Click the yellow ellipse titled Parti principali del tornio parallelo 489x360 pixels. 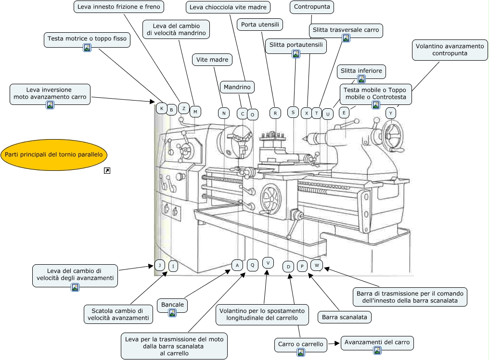tap(54, 155)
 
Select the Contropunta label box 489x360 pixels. tap(312, 8)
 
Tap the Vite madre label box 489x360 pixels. tap(212, 60)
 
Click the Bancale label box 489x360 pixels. tap(172, 305)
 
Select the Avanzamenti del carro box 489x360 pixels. tap(377, 343)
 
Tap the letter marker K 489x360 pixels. tap(162, 108)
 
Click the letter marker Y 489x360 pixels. tap(391, 113)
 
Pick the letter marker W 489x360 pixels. tap(317, 265)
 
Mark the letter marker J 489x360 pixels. tap(159, 265)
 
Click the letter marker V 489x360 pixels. tap(268, 263)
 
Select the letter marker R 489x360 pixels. tap(275, 113)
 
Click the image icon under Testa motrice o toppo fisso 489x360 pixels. tap(87, 48)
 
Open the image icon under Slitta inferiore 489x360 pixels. tap(361, 79)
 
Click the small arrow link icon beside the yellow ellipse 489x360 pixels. tap(107, 170)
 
